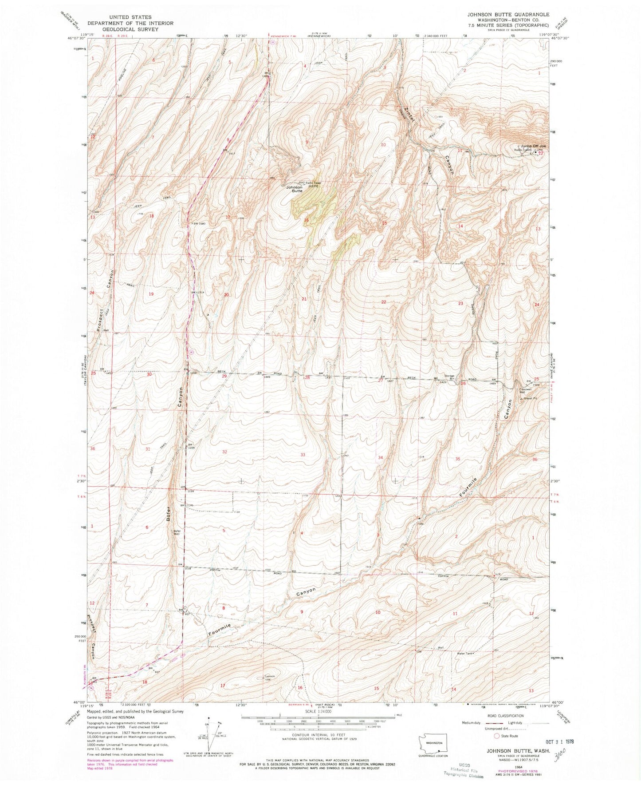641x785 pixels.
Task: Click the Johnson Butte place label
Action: point(294,189)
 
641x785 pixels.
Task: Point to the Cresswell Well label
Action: point(526,391)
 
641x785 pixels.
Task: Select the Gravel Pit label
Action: point(528,398)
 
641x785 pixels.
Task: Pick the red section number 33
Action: point(303,455)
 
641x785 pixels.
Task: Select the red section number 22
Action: point(384,302)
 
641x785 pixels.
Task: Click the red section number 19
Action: point(151,294)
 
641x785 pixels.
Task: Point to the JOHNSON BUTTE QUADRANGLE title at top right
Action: point(508,15)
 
